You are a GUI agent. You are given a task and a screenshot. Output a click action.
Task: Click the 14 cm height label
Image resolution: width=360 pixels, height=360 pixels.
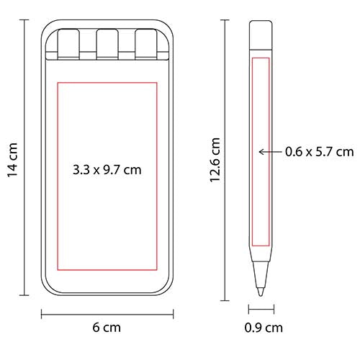(x=12, y=160)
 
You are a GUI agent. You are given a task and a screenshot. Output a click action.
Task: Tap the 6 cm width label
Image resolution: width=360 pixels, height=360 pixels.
(x=107, y=328)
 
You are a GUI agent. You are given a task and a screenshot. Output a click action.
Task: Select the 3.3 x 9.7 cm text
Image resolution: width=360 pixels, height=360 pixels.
(x=107, y=170)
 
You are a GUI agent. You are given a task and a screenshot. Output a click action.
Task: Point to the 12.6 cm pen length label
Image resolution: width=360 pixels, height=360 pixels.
(x=215, y=160)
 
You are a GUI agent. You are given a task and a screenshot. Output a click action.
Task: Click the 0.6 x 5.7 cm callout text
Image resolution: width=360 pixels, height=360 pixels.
(x=320, y=152)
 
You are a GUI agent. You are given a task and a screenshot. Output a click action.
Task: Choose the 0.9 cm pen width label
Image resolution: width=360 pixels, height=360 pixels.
(x=264, y=328)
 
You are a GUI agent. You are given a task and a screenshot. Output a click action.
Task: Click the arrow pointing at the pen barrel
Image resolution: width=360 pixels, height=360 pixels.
(x=271, y=152)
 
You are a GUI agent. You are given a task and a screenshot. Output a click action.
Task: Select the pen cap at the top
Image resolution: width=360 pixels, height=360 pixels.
(x=261, y=35)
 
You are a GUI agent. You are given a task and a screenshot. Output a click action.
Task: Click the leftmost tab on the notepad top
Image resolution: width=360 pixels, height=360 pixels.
(x=68, y=44)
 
